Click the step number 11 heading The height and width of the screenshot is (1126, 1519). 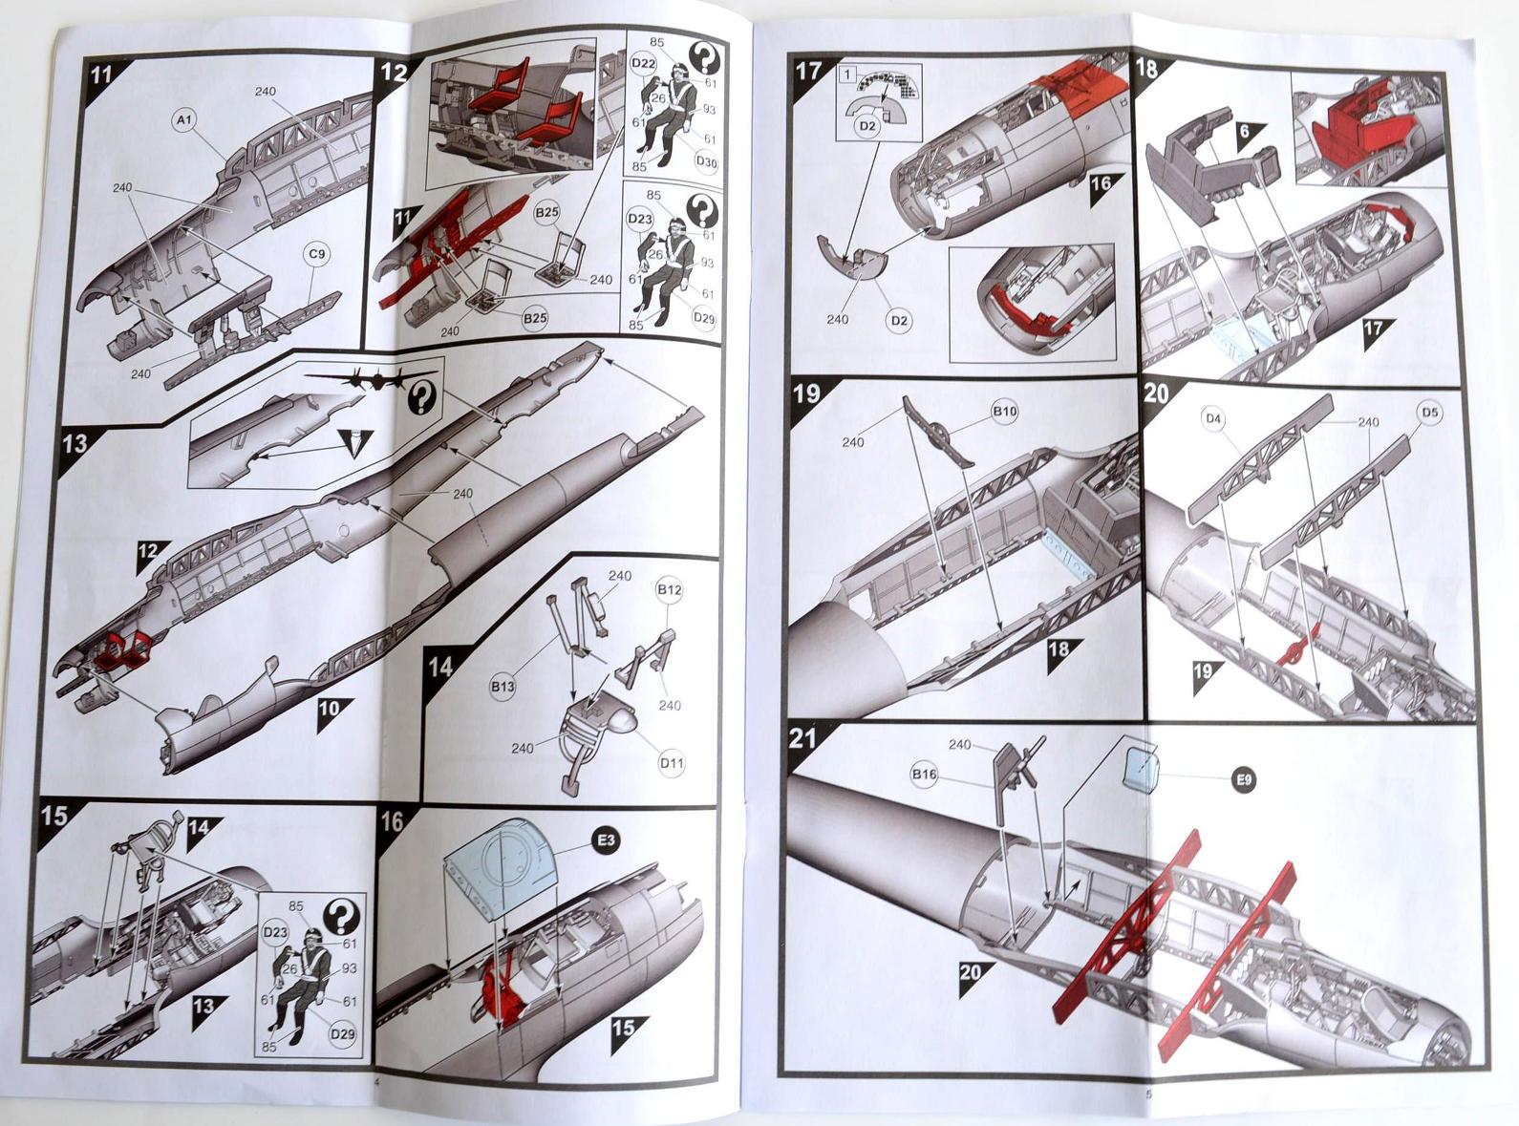click(101, 74)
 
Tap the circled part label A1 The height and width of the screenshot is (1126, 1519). click(183, 121)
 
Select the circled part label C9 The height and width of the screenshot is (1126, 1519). click(315, 255)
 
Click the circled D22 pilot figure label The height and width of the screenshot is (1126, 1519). click(643, 64)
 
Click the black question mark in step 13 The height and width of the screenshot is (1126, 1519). click(422, 398)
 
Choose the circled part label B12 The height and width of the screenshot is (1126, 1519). click(669, 589)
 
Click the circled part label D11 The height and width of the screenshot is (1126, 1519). click(672, 763)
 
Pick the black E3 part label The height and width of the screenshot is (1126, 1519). click(606, 840)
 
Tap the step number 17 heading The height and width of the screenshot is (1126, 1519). click(808, 71)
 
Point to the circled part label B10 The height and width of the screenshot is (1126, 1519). click(1005, 412)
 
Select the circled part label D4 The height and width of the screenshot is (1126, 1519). click(1214, 417)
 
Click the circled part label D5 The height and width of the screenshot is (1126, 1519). click(1428, 413)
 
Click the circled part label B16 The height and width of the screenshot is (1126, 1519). click(924, 774)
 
